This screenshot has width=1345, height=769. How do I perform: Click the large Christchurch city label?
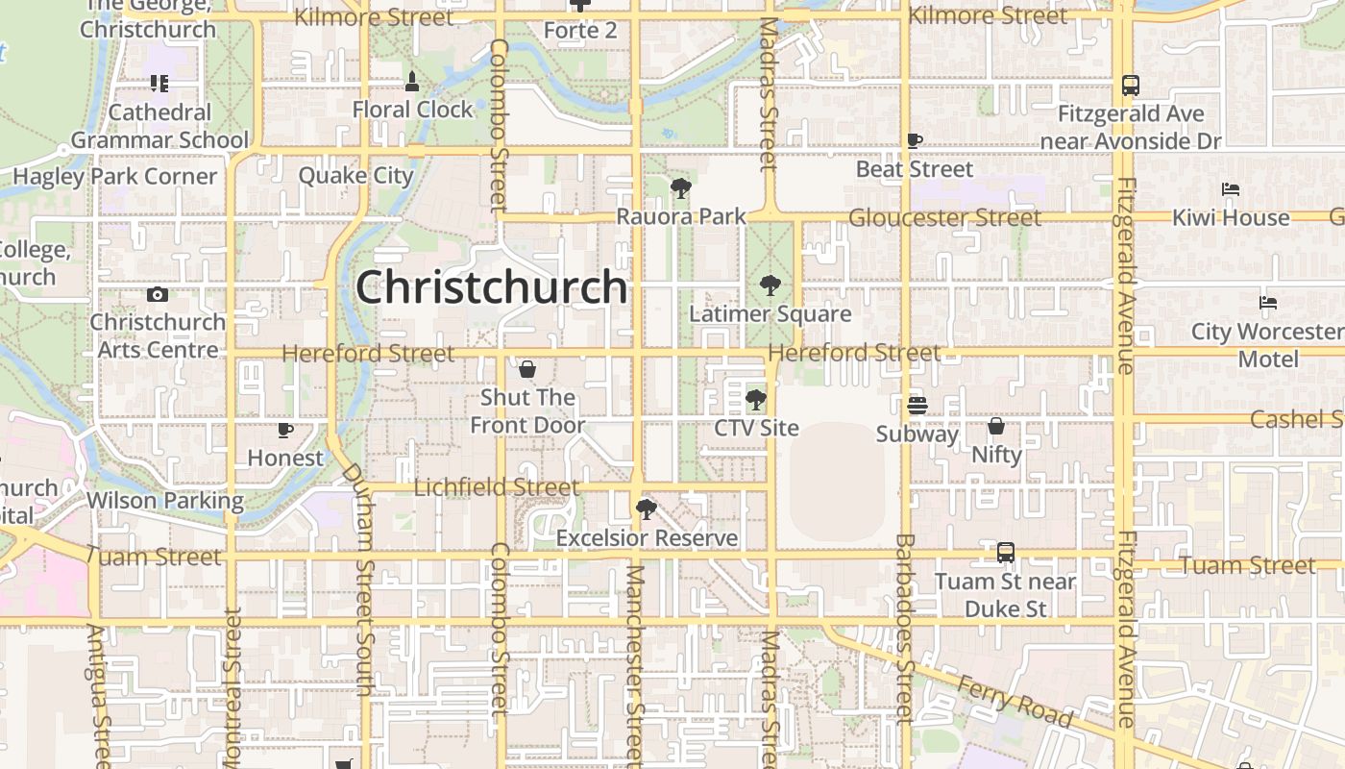pos(491,287)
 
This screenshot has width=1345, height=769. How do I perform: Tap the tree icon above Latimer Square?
pos(770,285)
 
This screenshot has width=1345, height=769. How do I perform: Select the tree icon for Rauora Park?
pos(681,187)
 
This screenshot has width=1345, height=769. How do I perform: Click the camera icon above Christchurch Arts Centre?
pos(158,294)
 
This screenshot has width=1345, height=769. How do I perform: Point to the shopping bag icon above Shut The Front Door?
pos(526,369)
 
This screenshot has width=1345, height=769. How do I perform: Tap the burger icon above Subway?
pos(917,406)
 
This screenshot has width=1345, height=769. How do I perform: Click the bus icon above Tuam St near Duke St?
pos(1005,553)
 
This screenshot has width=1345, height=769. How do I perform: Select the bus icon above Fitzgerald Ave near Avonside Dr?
pos(1130,86)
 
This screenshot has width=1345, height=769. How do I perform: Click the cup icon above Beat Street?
pos(915,141)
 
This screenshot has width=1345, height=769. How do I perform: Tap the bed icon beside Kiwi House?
pos(1230,189)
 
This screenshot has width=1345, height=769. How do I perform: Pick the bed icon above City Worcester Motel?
pos(1267,304)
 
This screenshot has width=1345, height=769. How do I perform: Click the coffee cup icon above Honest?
pos(284,430)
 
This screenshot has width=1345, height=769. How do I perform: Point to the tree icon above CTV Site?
pos(756,399)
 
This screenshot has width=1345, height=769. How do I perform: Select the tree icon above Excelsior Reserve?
pos(647,509)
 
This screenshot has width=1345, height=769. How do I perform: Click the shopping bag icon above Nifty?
pos(996,426)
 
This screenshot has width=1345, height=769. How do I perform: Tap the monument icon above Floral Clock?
pos(412,81)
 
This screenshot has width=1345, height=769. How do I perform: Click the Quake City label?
pos(355,176)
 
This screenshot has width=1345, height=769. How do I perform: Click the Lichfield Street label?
pos(496,487)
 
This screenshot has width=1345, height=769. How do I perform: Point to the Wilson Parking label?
pos(165,501)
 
